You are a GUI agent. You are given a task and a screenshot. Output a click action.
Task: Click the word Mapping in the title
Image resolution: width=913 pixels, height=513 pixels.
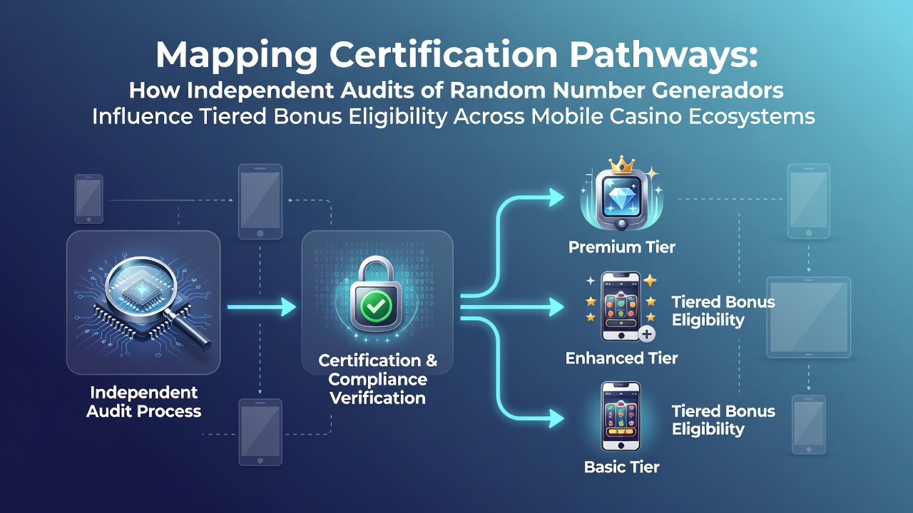tap(237, 55)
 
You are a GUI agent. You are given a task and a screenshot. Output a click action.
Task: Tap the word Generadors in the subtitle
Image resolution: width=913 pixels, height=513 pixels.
tap(718, 90)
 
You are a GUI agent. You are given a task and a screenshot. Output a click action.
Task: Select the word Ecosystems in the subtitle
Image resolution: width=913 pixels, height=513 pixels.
tap(752, 116)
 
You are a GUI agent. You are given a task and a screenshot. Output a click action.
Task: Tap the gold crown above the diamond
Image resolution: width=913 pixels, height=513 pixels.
tap(621, 165)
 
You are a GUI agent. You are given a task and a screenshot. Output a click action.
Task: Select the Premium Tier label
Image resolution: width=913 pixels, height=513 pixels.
tap(621, 247)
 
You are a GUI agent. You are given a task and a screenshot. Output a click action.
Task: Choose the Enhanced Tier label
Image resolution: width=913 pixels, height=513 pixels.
tap(621, 358)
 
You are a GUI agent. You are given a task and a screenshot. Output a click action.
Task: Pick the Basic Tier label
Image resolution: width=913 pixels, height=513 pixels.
tap(621, 467)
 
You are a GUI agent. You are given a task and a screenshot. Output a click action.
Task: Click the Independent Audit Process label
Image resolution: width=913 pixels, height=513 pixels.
tap(144, 402)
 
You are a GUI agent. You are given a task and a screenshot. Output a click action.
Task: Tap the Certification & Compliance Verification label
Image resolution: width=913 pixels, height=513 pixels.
tap(377, 379)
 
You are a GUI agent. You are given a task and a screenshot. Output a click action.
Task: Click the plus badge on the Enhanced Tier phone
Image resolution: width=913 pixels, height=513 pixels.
tap(646, 334)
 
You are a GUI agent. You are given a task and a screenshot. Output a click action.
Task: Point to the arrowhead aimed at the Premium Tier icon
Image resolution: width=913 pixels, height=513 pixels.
tap(556, 198)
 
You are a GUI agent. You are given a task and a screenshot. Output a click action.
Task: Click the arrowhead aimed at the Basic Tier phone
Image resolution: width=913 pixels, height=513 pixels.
tap(556, 418)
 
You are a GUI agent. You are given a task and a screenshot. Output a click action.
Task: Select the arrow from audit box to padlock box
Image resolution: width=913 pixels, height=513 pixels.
tap(262, 307)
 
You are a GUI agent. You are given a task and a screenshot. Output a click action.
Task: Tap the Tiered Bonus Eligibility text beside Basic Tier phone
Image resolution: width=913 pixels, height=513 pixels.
tap(723, 420)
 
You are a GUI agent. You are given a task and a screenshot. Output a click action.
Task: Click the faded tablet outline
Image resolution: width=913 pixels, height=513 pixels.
tap(809, 317)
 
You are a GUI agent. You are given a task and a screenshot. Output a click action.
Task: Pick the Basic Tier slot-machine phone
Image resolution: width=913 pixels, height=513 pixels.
tap(621, 416)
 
